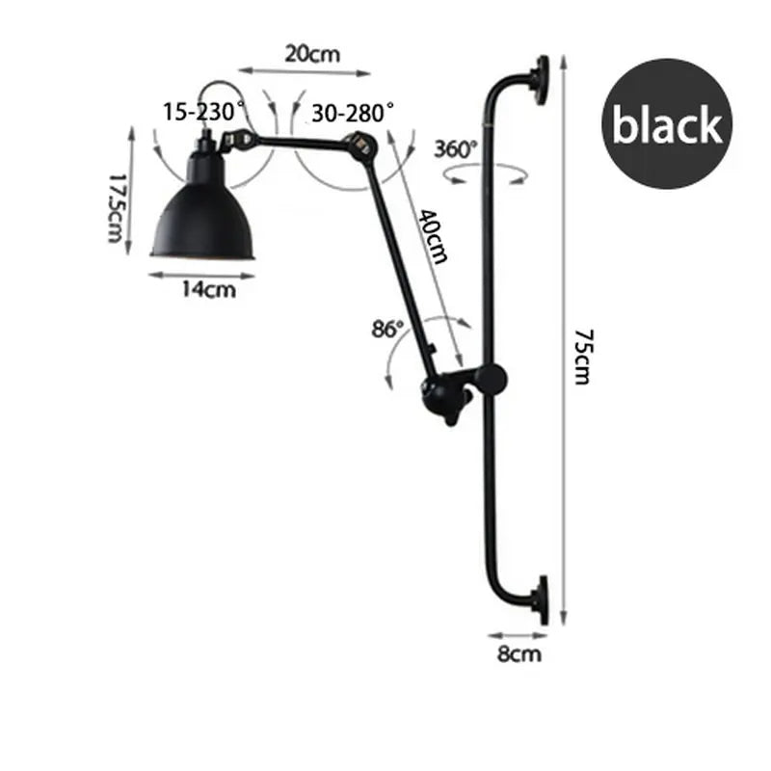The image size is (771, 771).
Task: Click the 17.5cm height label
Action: tap(118, 207)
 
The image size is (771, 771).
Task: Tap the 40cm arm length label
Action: tap(432, 235)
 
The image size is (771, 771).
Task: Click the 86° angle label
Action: tap(388, 330)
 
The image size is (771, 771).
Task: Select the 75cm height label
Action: tap(582, 357)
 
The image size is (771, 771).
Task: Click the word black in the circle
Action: tap(667, 125)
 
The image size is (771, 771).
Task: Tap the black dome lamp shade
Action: tap(203, 217)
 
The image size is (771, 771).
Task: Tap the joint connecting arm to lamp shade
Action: tap(237, 142)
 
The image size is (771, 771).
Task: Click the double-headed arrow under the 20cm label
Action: tap(305, 71)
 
